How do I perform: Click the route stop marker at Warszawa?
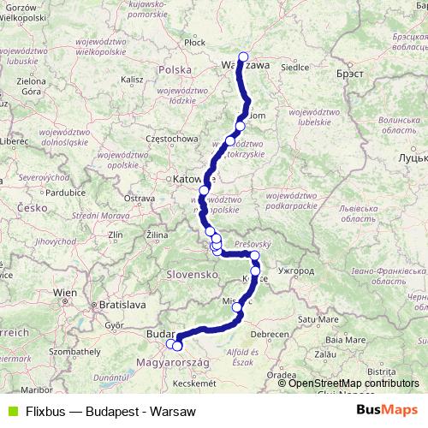pyautogui.click(x=243, y=58)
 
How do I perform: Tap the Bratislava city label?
pyautogui.click(x=122, y=303)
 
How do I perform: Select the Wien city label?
pyautogui.click(x=65, y=293)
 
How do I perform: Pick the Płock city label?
pyautogui.click(x=194, y=41)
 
